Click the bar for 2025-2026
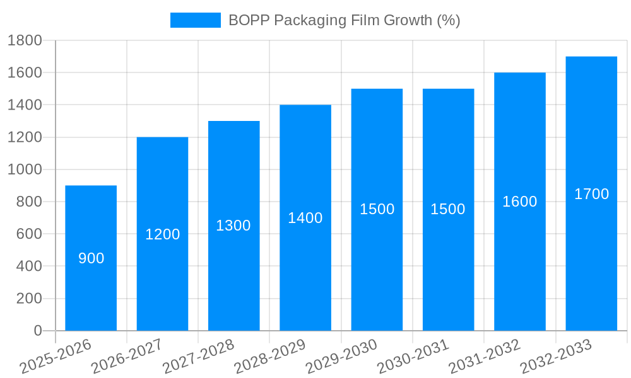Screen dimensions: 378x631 (91, 290)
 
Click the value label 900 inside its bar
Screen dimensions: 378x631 (91, 258)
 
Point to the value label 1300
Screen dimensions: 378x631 (233, 226)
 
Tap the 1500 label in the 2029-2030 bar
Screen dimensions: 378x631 (377, 209)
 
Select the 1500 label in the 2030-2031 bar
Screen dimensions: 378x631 (448, 209)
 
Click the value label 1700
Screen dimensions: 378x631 (591, 194)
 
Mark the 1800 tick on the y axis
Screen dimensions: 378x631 (25, 41)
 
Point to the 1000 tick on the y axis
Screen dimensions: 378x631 (25, 169)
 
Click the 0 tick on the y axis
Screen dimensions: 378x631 (37, 331)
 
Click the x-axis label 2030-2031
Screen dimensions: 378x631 (413, 356)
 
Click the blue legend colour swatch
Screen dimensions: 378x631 (196, 20)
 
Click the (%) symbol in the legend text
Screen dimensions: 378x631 (449, 20)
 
